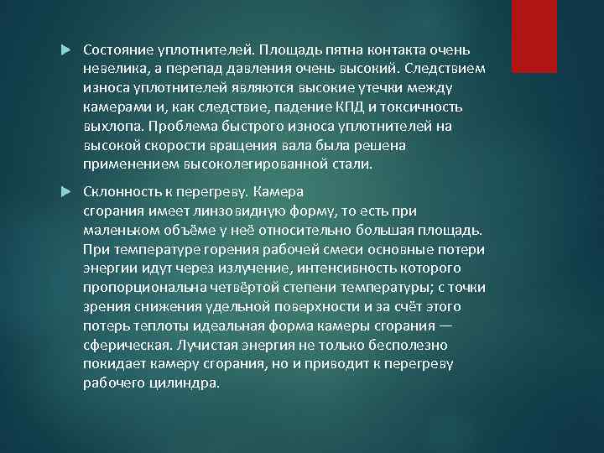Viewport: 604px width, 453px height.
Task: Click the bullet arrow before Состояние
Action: (68, 49)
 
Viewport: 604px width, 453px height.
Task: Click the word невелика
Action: (115, 69)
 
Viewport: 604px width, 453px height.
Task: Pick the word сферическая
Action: (126, 345)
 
